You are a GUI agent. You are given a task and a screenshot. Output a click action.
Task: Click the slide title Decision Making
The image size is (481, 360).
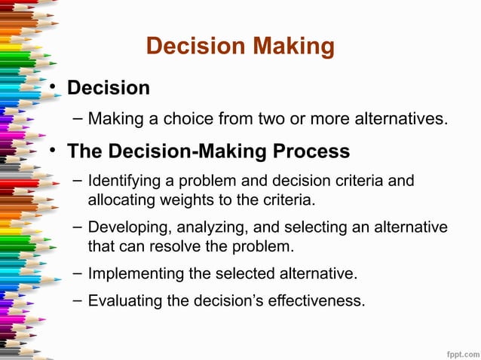coord(240,46)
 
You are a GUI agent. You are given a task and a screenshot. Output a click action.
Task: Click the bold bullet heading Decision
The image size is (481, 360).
coord(108,88)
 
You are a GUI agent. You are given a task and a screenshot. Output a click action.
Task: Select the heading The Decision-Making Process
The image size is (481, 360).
coord(208,151)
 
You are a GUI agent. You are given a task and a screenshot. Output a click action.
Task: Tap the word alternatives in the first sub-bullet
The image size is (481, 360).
coord(404,119)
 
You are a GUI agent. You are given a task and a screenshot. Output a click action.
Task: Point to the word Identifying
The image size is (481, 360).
coord(124,183)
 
